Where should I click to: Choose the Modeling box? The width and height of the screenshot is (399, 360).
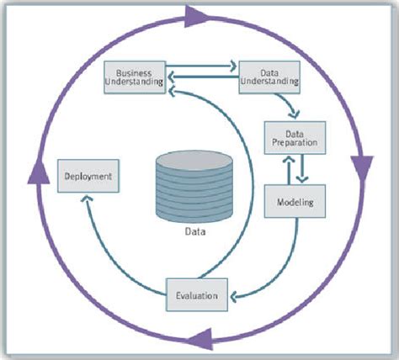pyautogui.click(x=295, y=202)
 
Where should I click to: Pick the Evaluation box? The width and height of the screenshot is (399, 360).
pyautogui.click(x=196, y=294)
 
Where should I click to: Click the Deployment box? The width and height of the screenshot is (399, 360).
pyautogui.click(x=87, y=177)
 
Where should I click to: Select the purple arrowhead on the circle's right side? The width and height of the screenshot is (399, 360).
pyautogui.click(x=364, y=165)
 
